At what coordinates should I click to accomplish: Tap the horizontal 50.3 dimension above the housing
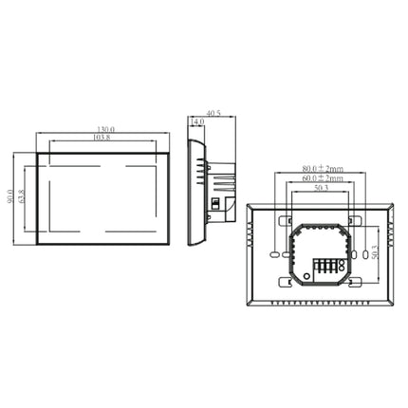(318, 189)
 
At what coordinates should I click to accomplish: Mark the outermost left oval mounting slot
(273, 255)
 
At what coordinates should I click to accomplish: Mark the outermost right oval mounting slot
(364, 255)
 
